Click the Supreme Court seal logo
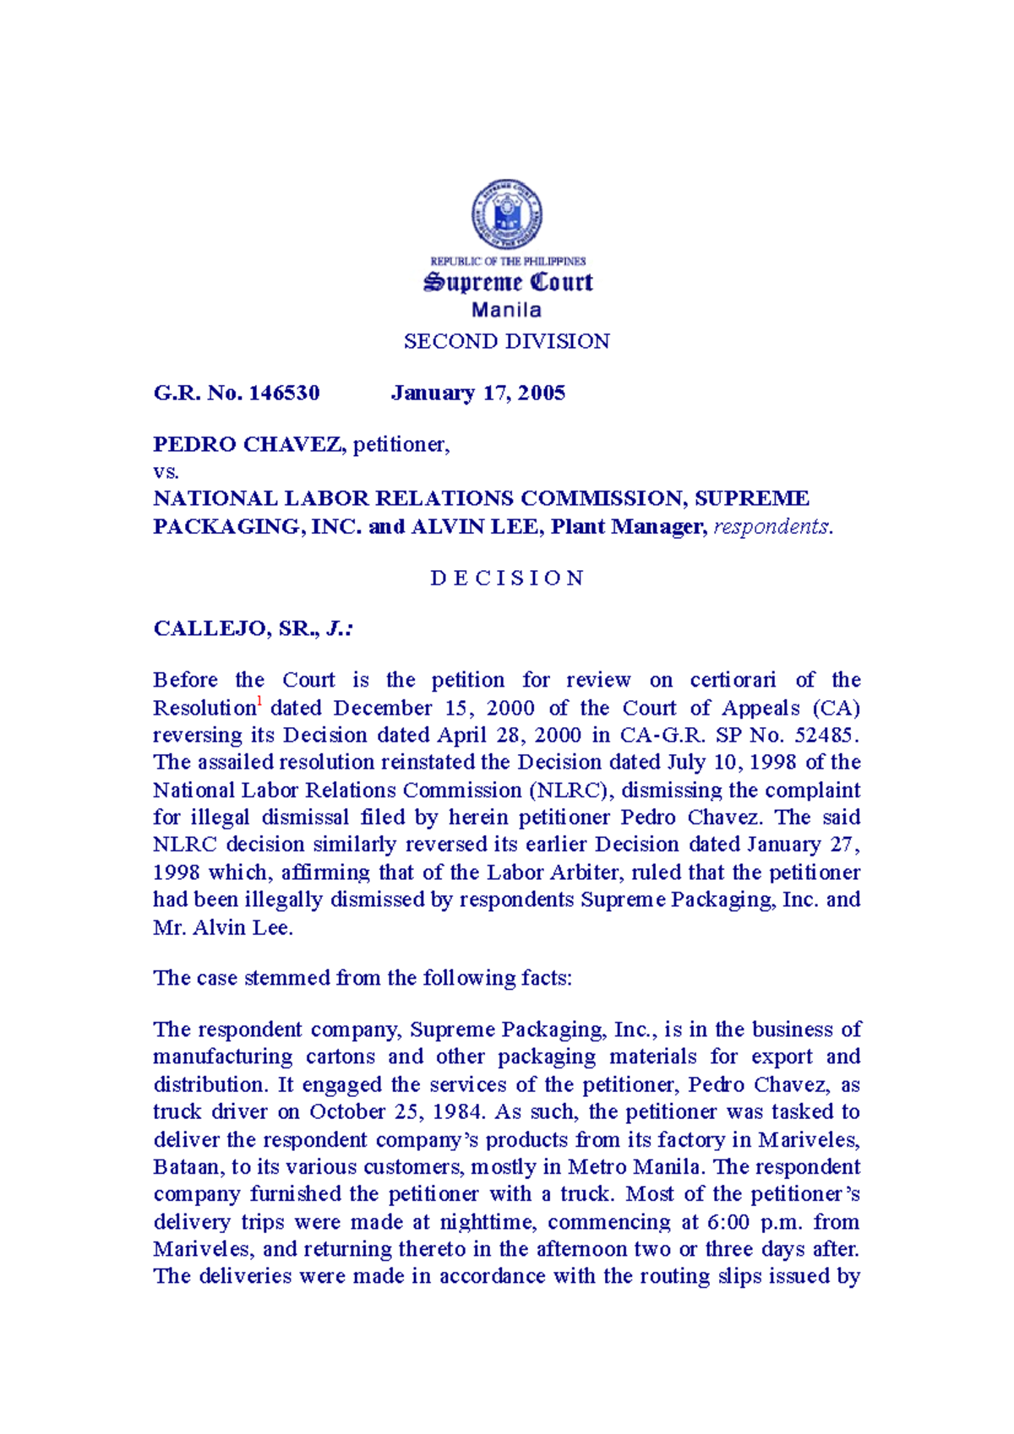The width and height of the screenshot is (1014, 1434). click(506, 215)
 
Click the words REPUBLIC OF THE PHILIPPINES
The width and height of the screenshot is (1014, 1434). click(507, 262)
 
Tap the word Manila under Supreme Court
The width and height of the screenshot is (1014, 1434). click(506, 310)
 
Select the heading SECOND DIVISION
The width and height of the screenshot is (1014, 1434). click(506, 341)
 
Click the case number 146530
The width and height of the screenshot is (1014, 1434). click(284, 393)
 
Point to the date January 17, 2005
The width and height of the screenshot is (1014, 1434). click(477, 393)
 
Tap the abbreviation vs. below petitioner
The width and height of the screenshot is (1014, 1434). click(166, 471)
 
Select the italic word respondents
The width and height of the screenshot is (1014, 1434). click(772, 527)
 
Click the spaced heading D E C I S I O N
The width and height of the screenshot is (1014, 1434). click(506, 578)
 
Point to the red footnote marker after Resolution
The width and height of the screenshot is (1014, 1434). click(260, 702)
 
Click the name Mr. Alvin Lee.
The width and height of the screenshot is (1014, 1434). click(222, 927)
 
